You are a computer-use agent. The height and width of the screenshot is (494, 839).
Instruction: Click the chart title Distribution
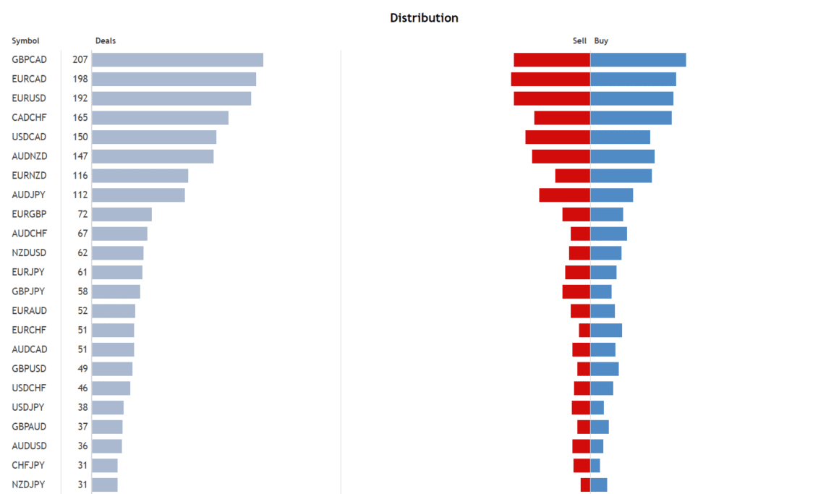point(424,18)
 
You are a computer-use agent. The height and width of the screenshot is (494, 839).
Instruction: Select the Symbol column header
point(25,41)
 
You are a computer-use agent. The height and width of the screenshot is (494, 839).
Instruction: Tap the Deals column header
point(106,41)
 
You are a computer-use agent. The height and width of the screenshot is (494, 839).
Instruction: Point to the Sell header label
point(579,41)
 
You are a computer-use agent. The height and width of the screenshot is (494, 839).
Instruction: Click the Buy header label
point(601,41)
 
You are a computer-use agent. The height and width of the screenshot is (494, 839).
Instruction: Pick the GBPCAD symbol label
point(30,60)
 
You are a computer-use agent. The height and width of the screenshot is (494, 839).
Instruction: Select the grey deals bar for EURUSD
point(171,98)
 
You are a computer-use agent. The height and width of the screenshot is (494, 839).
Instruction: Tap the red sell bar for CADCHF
point(562,118)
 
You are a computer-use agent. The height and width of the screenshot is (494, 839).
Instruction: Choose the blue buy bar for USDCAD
point(620,137)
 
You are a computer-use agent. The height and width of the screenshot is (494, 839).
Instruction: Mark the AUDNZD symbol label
point(30,156)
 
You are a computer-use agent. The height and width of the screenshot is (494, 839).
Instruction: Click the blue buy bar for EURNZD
point(621,176)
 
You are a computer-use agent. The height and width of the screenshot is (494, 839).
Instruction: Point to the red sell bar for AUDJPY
point(564,195)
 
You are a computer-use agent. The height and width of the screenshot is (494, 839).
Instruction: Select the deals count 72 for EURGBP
point(82,215)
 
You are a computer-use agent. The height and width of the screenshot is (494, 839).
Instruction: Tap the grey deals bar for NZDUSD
point(118,253)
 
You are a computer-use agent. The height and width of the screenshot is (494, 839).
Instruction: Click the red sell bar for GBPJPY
point(576,291)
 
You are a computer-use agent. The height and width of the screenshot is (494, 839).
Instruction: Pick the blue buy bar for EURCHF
point(606,331)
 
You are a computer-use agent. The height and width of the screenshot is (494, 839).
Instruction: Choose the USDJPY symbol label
point(29,407)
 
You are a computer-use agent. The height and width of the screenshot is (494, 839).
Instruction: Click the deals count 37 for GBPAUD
point(82,427)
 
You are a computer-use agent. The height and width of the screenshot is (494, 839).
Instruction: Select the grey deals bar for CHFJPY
point(105,465)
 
